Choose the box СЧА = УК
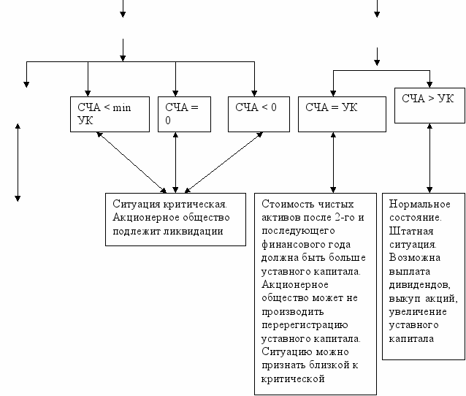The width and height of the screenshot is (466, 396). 342,113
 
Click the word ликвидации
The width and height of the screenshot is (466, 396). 196,231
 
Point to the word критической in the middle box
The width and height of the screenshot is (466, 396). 291,378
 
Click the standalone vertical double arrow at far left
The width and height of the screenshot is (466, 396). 18,162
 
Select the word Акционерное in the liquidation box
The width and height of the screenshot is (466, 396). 145,218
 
